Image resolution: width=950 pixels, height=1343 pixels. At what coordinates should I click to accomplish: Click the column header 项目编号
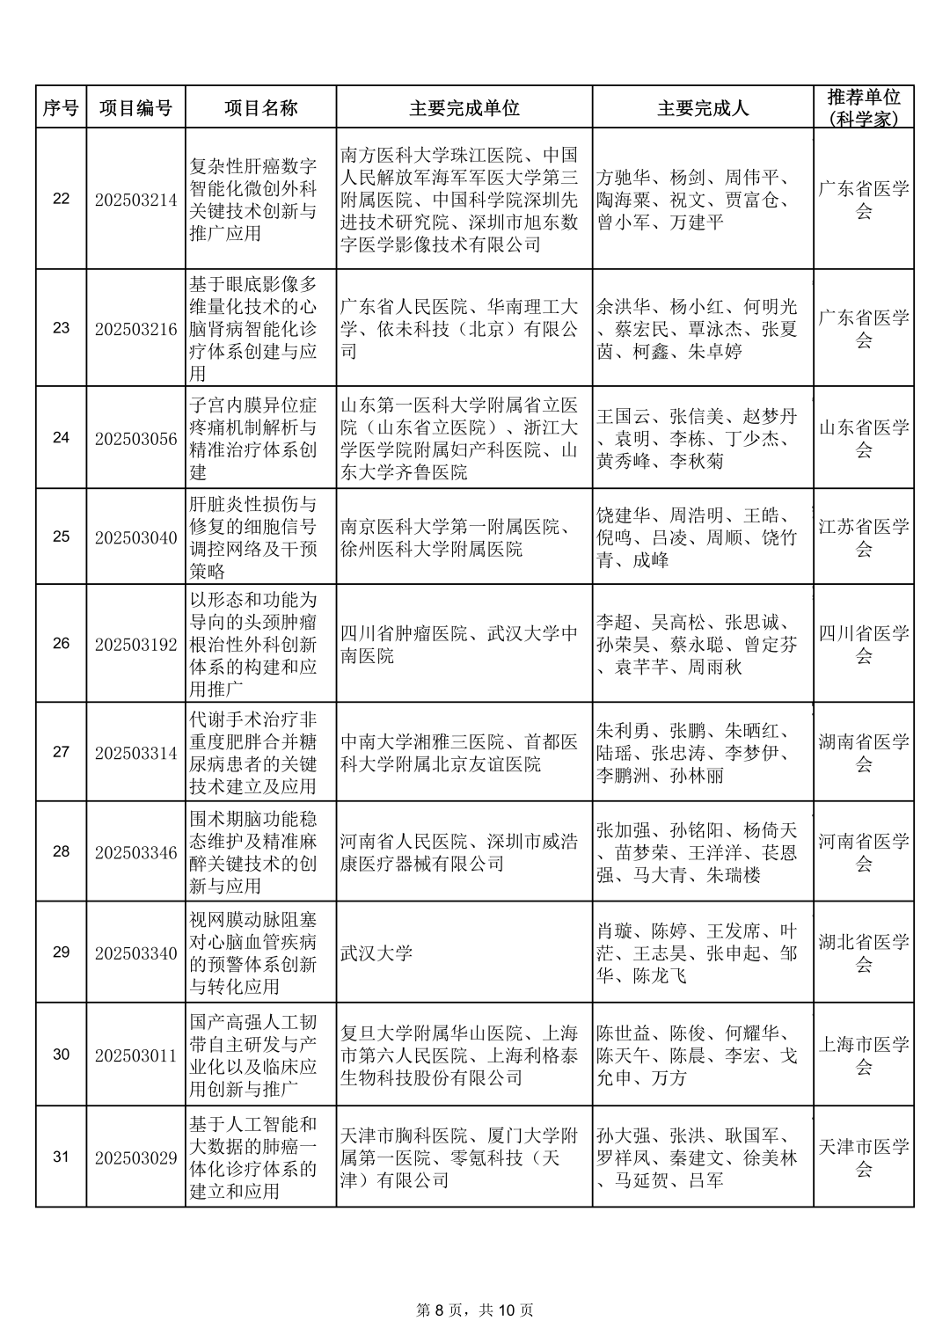point(135,107)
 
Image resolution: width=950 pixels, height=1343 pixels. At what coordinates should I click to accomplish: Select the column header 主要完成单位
point(464,107)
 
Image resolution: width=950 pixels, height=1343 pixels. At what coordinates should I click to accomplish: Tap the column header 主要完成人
point(703,107)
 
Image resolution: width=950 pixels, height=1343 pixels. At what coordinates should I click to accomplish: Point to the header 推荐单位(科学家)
point(864,107)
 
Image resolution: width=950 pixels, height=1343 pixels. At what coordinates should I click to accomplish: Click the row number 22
point(61,199)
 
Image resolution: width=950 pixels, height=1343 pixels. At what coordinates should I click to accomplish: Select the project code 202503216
point(135,329)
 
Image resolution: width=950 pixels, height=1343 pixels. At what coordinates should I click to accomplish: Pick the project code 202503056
point(135,438)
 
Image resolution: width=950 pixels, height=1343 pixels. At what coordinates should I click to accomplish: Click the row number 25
point(61,536)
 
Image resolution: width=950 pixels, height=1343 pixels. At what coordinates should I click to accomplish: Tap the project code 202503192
point(135,644)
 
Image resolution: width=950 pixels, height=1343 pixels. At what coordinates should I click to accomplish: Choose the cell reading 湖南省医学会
point(864,753)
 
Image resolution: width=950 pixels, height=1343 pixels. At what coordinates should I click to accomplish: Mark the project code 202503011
point(135,1055)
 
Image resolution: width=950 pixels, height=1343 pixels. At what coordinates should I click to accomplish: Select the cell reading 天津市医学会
point(864,1157)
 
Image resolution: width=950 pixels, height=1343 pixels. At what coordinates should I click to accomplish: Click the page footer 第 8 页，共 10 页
point(475,1310)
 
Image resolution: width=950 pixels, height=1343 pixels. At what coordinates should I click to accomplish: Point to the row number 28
point(61,851)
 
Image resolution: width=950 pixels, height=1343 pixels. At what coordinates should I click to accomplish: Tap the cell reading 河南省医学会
point(864,852)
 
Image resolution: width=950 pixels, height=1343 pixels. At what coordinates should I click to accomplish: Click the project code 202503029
point(135,1157)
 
